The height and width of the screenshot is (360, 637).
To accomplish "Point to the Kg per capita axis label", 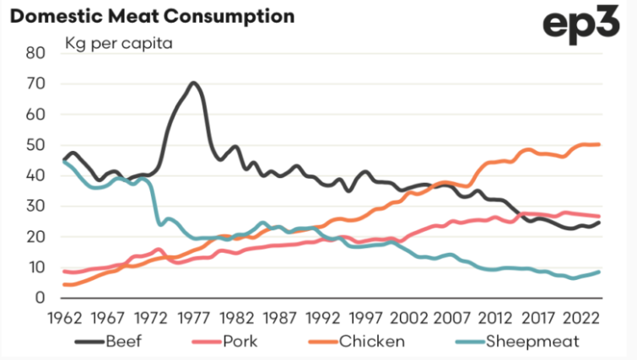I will (119, 42).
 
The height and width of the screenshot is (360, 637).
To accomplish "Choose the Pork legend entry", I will (239, 341).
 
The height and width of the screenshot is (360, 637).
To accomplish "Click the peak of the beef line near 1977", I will (193, 83).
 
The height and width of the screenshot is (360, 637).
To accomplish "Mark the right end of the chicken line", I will (600, 144).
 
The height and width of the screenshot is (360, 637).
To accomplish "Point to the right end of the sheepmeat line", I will (600, 271).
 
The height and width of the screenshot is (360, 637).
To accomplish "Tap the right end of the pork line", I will (600, 217).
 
